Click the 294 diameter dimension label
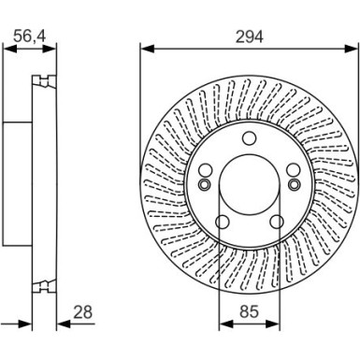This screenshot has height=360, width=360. tap(249, 36)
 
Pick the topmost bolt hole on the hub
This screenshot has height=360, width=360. tap(249, 139)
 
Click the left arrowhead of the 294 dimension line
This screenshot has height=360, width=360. tap(144, 48)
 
